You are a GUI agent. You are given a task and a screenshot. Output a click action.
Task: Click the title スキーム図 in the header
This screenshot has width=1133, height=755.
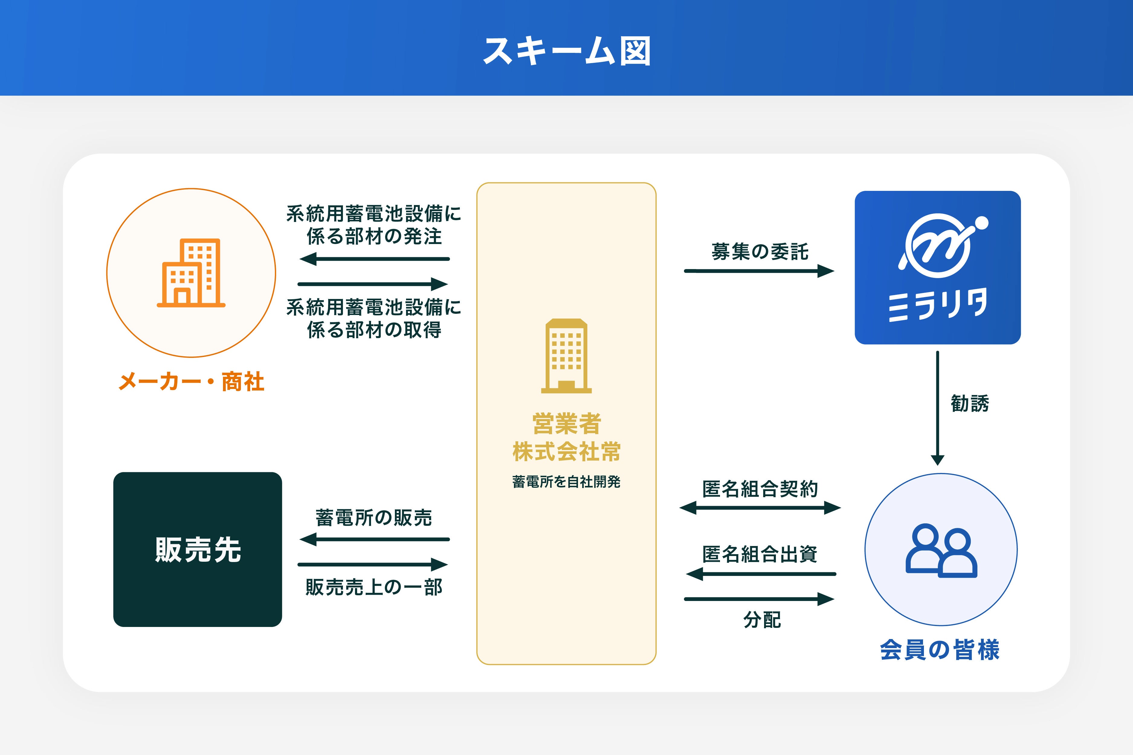[566, 51]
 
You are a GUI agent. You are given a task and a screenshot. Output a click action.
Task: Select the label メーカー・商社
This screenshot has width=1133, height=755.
[191, 382]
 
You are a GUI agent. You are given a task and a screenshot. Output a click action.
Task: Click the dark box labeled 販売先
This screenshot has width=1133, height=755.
[198, 549]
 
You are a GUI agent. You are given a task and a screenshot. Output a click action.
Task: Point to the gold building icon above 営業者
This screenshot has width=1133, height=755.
[566, 356]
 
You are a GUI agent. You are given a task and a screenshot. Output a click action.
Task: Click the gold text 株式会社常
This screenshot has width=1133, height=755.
[566, 452]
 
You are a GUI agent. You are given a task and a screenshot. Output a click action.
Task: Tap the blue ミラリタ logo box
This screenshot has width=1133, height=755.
[938, 267]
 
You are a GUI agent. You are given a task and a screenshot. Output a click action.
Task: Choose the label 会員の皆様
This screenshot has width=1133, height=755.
[940, 650]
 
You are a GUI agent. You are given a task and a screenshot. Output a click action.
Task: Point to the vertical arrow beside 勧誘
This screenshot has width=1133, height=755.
[938, 408]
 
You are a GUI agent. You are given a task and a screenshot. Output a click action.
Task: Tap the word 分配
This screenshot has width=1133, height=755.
[762, 620]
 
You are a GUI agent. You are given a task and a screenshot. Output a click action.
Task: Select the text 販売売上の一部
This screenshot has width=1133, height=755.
[374, 587]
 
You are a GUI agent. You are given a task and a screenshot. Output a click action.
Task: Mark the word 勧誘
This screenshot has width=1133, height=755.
[970, 403]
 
